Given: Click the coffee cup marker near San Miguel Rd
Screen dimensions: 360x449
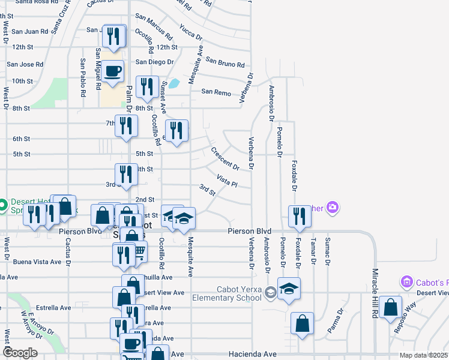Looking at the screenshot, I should (112, 73).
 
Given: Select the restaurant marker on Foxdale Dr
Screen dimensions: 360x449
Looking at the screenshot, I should (298, 217).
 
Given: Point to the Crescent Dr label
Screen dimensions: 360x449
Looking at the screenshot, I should (225, 158).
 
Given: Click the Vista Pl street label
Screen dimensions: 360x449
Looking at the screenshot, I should (227, 181).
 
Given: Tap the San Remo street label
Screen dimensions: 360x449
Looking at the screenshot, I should (215, 92).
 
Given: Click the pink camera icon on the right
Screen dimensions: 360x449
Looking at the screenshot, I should (333, 208).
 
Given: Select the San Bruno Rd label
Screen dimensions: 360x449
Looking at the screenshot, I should (224, 62).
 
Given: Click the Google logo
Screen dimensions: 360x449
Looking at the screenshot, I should (20, 353).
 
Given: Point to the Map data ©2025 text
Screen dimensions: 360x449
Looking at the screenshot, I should (423, 355).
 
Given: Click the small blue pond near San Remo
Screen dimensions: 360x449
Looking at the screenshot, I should (173, 83).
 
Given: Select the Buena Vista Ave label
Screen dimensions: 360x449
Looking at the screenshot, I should (37, 262).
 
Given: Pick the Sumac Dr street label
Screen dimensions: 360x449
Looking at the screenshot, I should (328, 251).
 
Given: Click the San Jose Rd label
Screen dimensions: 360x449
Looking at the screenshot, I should (25, 64).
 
